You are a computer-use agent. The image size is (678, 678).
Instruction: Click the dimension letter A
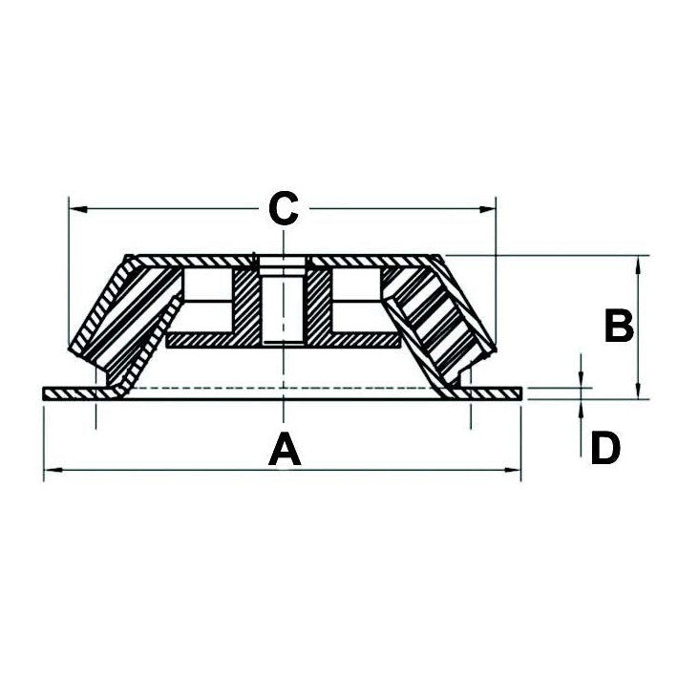point(285,449)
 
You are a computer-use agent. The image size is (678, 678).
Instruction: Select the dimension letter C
point(284,207)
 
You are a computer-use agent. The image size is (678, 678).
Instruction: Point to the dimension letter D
point(604,448)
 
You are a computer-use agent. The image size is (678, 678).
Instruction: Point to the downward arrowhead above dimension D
point(582,381)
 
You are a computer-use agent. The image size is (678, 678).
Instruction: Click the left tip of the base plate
point(46,393)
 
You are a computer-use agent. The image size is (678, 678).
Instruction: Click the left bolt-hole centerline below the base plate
point(96,416)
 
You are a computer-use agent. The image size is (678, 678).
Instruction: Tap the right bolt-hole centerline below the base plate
point(469,416)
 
